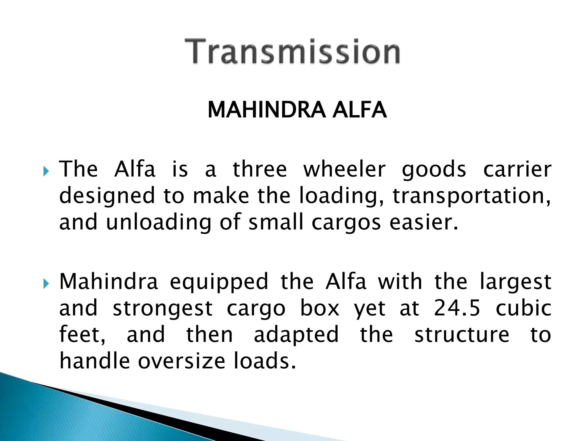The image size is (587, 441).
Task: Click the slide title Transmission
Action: tap(292, 52)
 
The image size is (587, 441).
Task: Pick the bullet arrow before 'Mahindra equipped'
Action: tap(46, 284)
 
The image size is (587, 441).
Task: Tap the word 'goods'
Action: tap(434, 170)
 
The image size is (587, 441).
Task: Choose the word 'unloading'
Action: tap(159, 223)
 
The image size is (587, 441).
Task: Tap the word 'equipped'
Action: tap(219, 283)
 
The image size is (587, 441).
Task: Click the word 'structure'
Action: tap(462, 335)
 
